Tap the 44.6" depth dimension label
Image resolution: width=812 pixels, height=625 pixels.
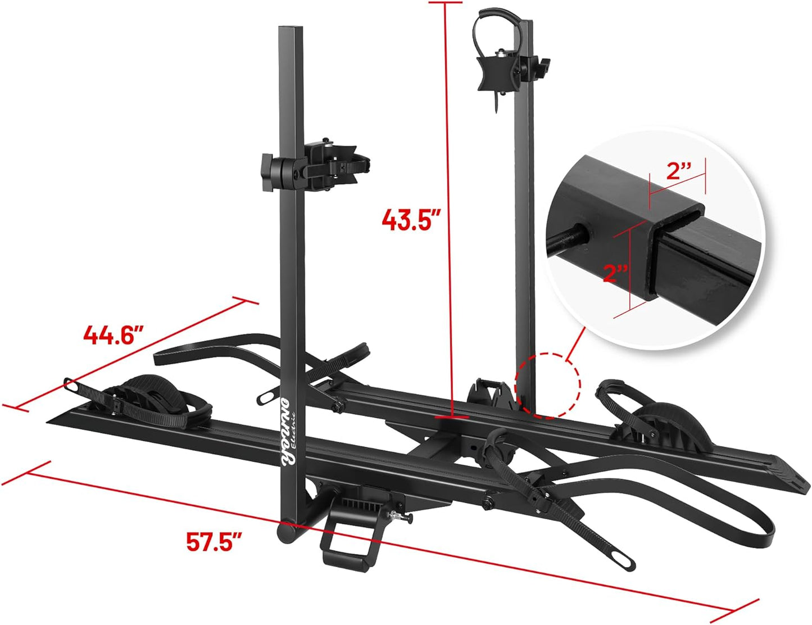(x=110, y=336)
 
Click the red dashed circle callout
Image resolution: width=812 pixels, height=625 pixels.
(x=548, y=386)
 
